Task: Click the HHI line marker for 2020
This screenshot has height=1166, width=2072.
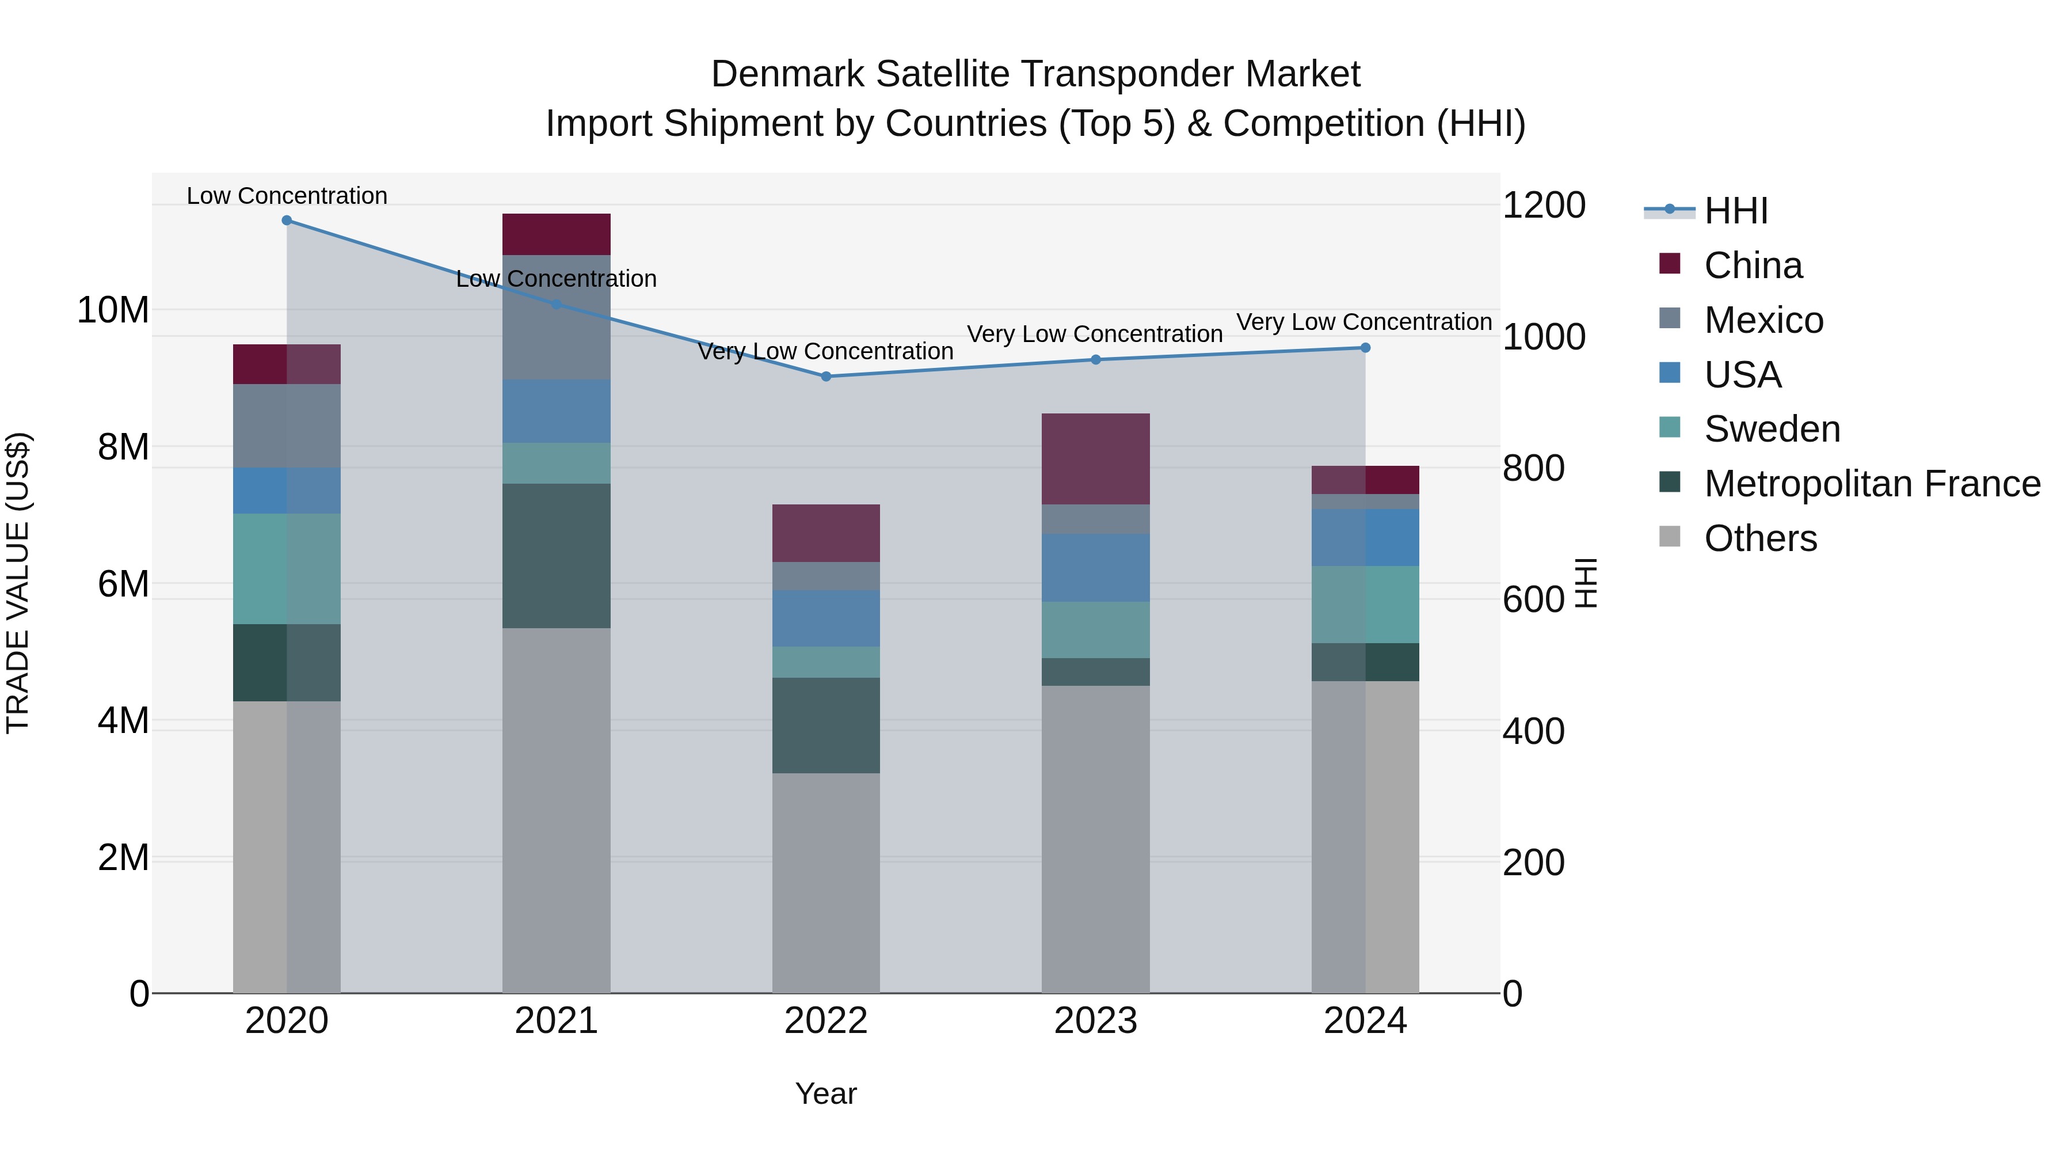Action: (x=287, y=221)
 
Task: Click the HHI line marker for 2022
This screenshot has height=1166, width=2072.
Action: (x=826, y=377)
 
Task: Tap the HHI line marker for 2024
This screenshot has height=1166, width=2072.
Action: (x=1365, y=348)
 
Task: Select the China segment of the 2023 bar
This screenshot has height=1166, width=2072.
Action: (x=1095, y=459)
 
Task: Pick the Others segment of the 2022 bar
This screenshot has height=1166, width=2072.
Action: (x=826, y=883)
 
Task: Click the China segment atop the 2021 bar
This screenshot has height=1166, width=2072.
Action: (x=557, y=234)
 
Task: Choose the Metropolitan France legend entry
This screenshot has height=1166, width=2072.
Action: (x=1871, y=484)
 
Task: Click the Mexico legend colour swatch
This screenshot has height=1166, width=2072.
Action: (x=1670, y=318)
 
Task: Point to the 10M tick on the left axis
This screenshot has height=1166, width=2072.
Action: (x=113, y=310)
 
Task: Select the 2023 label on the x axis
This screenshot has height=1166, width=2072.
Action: (x=1095, y=1021)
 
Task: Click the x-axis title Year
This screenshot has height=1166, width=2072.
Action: (x=826, y=1093)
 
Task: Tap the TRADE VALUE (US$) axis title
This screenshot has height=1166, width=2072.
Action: (x=18, y=583)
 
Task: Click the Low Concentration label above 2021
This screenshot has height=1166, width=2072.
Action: (x=557, y=279)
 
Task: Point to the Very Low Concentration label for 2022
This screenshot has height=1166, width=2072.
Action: (x=826, y=352)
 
